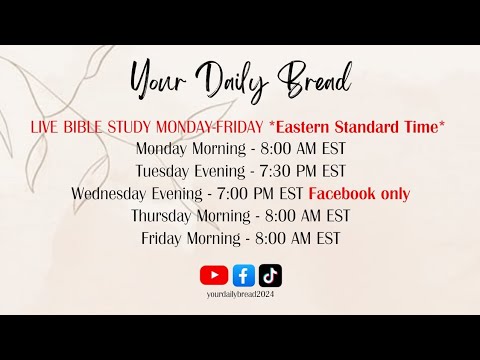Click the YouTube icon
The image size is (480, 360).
click(214, 275)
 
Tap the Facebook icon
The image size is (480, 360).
click(243, 275)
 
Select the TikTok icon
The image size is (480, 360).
click(270, 275)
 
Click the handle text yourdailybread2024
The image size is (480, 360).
click(240, 295)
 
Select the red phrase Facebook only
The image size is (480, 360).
click(359, 194)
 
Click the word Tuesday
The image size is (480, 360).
click(161, 171)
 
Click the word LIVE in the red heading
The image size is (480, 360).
click(49, 126)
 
